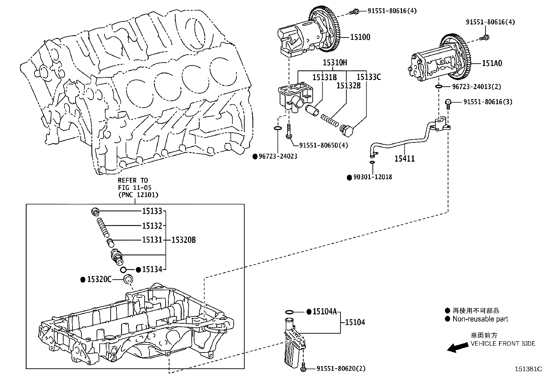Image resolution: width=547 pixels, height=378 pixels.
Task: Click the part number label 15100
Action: pos(360,37)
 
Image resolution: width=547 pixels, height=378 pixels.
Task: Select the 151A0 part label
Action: pos(492,63)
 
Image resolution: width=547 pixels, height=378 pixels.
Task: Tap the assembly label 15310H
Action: pos(335,63)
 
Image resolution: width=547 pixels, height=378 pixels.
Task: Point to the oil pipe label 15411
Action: pos(404,159)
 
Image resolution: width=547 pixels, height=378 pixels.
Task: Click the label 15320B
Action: pos(183,240)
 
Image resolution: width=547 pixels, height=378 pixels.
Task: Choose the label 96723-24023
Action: pos(278,156)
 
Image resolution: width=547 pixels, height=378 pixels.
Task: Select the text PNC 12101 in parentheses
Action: pos(138,195)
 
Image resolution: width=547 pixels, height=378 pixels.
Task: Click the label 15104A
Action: pos(325,312)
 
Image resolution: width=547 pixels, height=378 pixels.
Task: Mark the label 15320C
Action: pos(99,280)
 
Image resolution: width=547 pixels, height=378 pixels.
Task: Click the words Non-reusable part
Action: pos(480,319)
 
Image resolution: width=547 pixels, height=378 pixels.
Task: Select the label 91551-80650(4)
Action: pos(323,145)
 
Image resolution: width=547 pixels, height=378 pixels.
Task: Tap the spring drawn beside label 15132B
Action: pos(330,121)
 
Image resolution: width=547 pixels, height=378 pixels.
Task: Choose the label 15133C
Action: pos(369,77)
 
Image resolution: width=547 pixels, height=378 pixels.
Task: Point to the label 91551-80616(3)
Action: pos(488,102)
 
